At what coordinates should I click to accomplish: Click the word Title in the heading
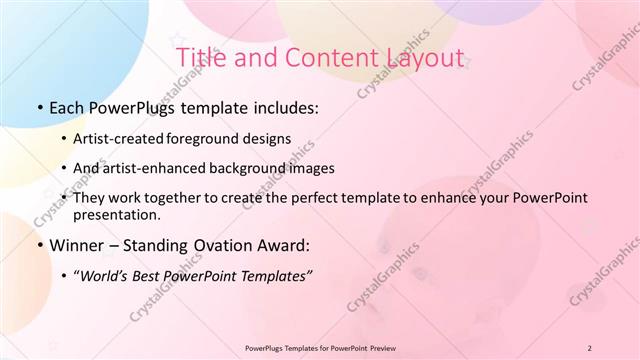[200, 58]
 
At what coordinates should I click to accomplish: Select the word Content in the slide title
[315, 58]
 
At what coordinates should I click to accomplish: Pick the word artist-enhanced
[163, 168]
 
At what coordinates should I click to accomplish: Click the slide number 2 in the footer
[589, 348]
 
